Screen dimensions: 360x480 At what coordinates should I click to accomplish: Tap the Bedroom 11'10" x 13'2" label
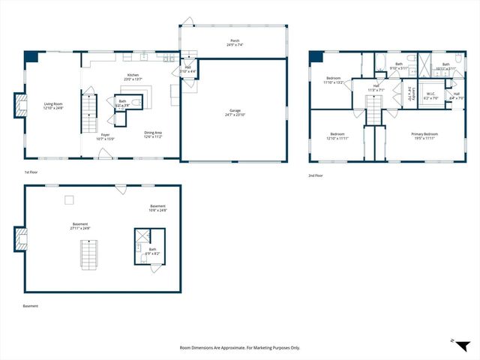pyautogui.click(x=334, y=80)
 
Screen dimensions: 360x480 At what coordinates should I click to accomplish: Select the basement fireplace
pyautogui.click(x=20, y=239)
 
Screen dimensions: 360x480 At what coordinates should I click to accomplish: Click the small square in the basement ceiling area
pyautogui.click(x=69, y=199)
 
